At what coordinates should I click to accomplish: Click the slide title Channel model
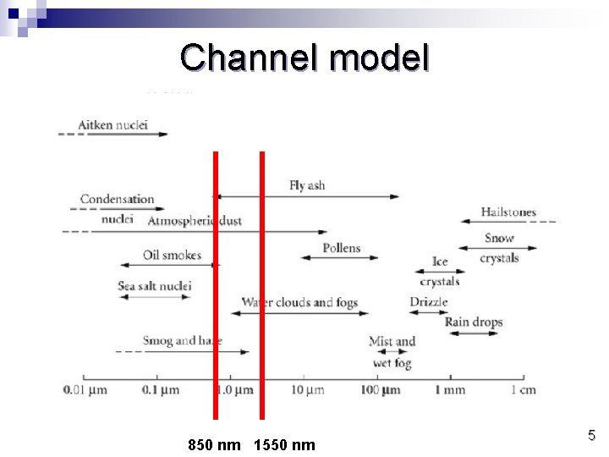click(304, 58)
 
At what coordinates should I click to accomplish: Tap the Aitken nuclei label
click(112, 125)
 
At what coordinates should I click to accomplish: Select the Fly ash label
click(306, 185)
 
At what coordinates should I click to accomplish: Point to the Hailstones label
click(508, 212)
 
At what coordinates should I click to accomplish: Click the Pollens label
click(341, 248)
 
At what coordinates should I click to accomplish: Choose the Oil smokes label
click(172, 255)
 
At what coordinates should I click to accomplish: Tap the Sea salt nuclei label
click(155, 286)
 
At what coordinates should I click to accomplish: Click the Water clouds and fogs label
click(299, 302)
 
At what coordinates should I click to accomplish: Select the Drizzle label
click(428, 302)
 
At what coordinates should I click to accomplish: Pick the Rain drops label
click(473, 322)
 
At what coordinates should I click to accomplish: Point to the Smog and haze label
click(182, 341)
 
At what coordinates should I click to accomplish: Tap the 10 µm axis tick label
click(307, 390)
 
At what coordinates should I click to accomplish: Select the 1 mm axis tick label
click(450, 390)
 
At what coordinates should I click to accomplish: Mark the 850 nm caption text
click(213, 444)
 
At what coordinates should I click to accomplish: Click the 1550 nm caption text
click(283, 444)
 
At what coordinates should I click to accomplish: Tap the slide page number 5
click(591, 436)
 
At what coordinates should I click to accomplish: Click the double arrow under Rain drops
click(474, 333)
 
